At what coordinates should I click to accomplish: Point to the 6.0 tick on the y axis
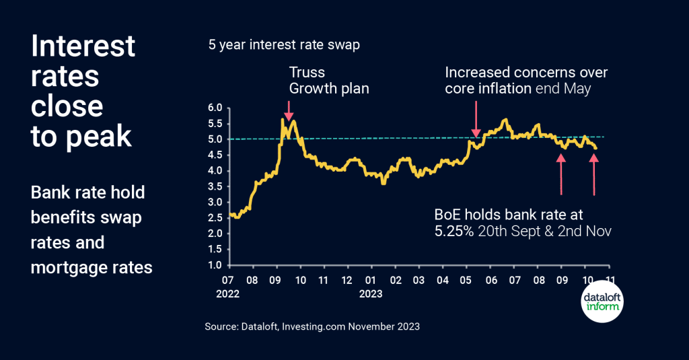click(x=214, y=108)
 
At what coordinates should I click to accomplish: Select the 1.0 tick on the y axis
click(x=214, y=265)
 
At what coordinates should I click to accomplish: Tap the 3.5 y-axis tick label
click(x=214, y=186)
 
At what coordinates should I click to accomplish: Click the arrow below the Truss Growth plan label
click(x=288, y=110)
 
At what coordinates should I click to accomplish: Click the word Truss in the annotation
click(x=307, y=73)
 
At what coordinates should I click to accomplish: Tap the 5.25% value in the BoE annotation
click(x=457, y=231)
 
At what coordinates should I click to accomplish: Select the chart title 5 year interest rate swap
click(x=283, y=45)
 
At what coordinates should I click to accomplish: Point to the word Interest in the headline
click(x=83, y=47)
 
